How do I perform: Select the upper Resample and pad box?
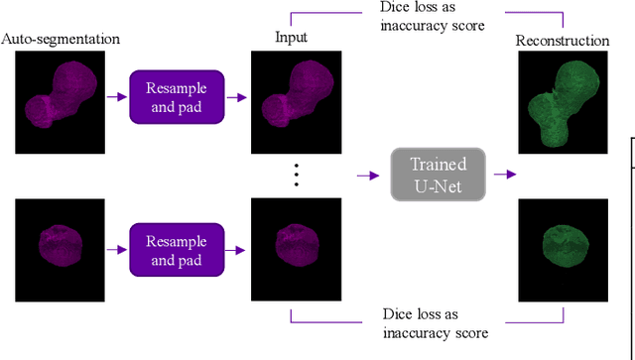click(177, 97)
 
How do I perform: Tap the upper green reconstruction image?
click(562, 97)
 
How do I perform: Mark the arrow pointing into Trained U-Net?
click(369, 175)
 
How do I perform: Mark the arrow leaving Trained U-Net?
click(505, 175)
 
